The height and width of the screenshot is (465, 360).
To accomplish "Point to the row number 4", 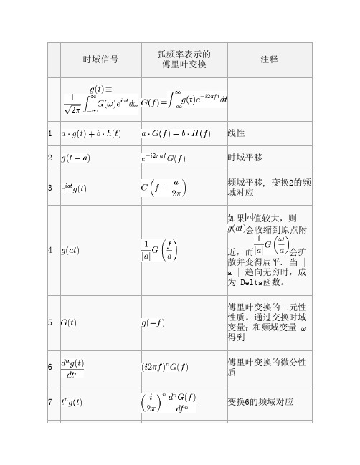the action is [x=49, y=250].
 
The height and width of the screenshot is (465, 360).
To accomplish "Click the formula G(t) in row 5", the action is [x=70, y=322].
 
